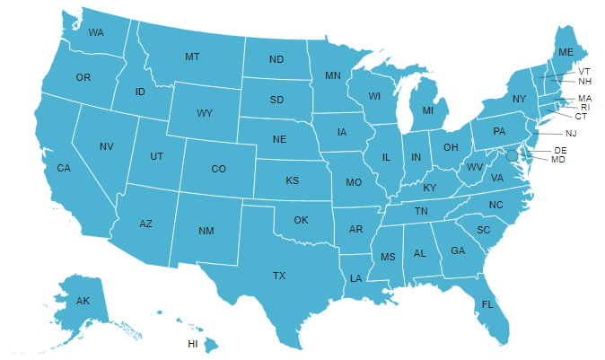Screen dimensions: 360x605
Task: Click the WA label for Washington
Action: click(x=96, y=32)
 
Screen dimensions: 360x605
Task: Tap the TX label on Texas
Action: click(x=279, y=276)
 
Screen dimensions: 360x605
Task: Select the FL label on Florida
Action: click(x=487, y=304)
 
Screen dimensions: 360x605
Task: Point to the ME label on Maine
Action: click(x=566, y=53)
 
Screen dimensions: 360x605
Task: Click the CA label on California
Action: click(x=64, y=168)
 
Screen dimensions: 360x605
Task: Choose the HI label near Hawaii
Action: click(x=192, y=344)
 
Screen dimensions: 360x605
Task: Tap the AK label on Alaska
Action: click(x=83, y=300)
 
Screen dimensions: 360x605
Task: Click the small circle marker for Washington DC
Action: click(x=513, y=155)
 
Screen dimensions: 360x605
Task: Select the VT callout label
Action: click(x=584, y=71)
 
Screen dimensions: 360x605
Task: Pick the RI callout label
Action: click(x=585, y=107)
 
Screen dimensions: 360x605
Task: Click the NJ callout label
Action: click(x=571, y=133)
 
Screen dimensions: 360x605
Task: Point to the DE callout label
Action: click(x=561, y=150)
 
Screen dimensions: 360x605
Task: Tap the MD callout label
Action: click(x=558, y=159)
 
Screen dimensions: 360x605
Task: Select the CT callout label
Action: click(x=581, y=116)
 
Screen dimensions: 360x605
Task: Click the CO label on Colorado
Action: click(x=218, y=169)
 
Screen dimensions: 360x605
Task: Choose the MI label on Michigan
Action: click(x=428, y=111)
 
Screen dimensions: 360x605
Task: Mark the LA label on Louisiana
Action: click(x=355, y=278)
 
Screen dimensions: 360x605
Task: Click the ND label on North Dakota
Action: click(x=276, y=61)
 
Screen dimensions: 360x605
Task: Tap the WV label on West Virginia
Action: click(x=475, y=167)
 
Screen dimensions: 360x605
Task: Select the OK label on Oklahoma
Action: click(x=301, y=220)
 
